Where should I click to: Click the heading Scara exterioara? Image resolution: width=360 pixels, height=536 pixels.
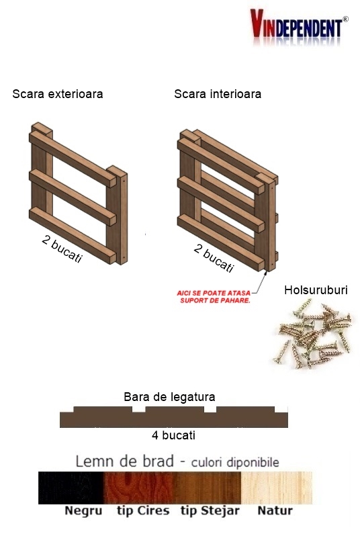[58, 94]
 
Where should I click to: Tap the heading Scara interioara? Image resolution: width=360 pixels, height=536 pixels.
[218, 94]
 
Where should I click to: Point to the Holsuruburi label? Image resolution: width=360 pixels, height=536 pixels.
[316, 290]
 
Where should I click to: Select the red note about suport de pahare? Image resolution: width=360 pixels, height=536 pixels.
[214, 297]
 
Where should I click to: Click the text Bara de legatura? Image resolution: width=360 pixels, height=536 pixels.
[169, 397]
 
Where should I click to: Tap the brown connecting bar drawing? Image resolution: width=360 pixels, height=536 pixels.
[174, 418]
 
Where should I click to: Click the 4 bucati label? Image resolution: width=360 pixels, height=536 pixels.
[173, 435]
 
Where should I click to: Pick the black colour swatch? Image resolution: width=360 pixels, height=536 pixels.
[71, 488]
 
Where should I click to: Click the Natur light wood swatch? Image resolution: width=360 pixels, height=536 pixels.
[277, 488]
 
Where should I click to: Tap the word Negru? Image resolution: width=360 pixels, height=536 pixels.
[83, 511]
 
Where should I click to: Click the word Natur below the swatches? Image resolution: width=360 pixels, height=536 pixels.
[275, 510]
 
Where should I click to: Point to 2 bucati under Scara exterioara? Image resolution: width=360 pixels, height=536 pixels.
[62, 249]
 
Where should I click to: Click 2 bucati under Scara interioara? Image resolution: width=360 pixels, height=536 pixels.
[214, 258]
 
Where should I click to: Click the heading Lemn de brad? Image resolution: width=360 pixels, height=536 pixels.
[124, 461]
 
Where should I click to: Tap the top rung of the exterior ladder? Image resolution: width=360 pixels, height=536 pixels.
[73, 159]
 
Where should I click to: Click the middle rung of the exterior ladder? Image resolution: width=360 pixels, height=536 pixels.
[73, 197]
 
